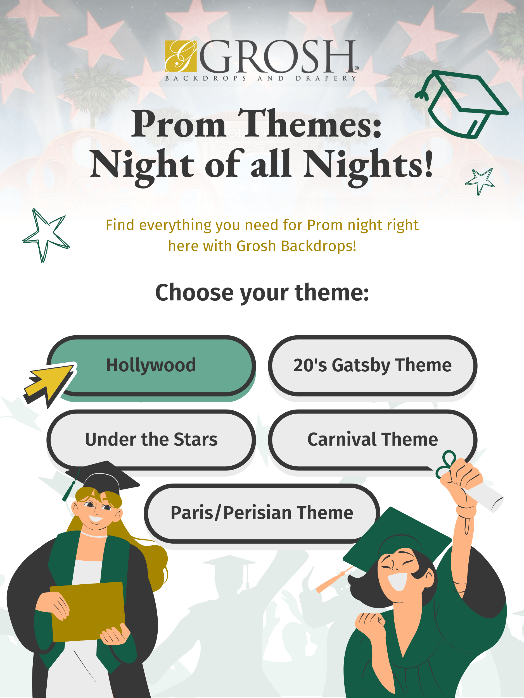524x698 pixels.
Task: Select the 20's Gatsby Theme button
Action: (373, 365)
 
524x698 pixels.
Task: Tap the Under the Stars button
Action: (151, 439)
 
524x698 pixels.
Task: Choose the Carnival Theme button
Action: (373, 439)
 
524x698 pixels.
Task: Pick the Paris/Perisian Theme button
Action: (262, 513)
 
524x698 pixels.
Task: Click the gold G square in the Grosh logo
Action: (181, 56)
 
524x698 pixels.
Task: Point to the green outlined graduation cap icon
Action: (461, 104)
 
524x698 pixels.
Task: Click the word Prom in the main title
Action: (179, 125)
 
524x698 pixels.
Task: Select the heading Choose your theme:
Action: (262, 293)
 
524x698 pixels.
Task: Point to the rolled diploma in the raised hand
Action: (488, 495)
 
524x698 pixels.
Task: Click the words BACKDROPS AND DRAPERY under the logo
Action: (261, 78)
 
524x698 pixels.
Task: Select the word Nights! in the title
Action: (368, 164)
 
